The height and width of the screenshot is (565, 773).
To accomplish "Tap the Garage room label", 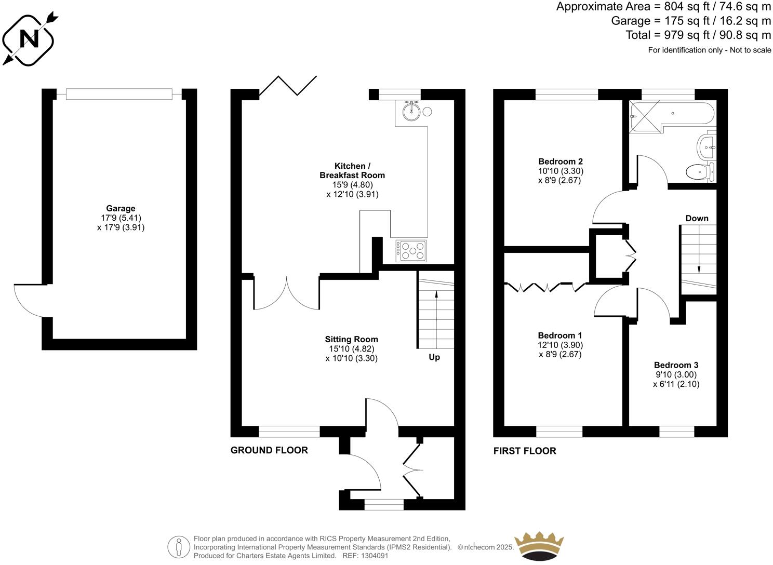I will [x=121, y=208].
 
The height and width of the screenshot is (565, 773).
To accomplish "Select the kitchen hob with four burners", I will [x=411, y=251].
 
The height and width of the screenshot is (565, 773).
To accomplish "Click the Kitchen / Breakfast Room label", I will [x=352, y=170].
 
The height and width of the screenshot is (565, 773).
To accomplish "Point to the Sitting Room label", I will [x=352, y=339].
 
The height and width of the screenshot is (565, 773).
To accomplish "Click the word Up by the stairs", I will [x=434, y=357].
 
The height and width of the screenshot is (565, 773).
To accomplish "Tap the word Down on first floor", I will [x=697, y=218].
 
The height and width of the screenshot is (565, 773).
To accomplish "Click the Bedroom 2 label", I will [x=560, y=161].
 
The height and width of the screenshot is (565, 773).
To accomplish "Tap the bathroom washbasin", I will [x=706, y=146].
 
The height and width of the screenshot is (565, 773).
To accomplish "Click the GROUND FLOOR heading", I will [x=269, y=450].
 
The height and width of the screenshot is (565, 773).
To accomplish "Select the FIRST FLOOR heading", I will [x=525, y=451].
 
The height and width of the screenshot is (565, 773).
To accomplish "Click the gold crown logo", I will [x=538, y=546].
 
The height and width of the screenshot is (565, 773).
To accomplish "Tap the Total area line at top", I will [x=698, y=35].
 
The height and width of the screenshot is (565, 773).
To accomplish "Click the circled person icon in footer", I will [x=179, y=547].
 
